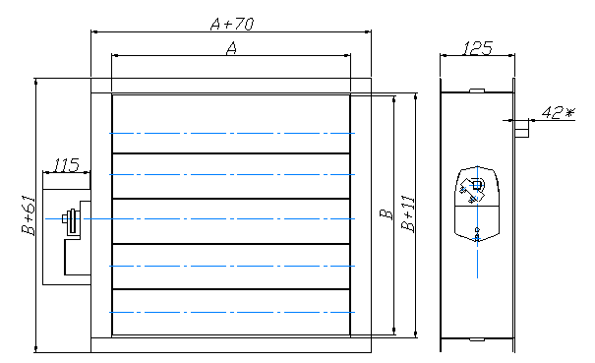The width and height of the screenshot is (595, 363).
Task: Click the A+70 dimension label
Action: (232, 24)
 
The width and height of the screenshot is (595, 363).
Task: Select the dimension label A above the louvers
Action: (231, 48)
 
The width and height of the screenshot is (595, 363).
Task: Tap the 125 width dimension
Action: (477, 48)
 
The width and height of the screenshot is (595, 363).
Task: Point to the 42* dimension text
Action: (558, 112)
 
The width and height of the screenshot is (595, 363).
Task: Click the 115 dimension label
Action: (67, 165)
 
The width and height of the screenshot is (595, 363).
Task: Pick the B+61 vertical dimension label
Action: (29, 214)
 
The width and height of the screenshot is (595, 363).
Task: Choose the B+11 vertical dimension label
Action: (408, 213)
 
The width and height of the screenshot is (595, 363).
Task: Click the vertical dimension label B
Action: (387, 214)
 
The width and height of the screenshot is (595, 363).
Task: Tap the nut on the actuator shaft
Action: (65, 218)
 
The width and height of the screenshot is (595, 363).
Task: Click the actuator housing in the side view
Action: (477, 205)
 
